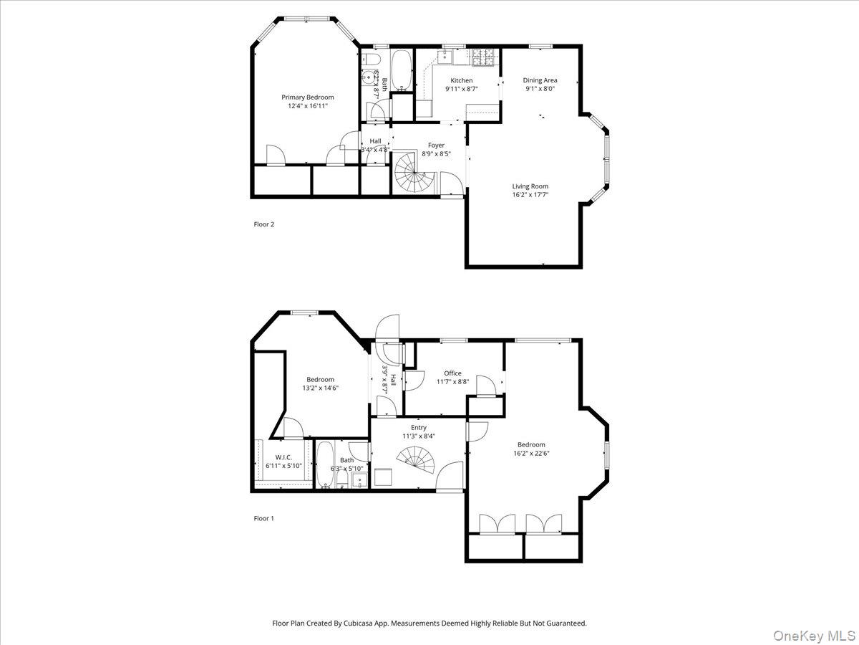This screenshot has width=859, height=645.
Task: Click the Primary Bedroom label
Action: click(307, 97)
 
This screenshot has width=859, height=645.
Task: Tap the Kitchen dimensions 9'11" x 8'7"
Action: click(461, 89)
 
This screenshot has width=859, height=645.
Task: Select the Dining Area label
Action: click(540, 80)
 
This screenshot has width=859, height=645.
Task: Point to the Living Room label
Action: click(530, 186)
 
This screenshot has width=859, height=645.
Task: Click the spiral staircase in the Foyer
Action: click(412, 174)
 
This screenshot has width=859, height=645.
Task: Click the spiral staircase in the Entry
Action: click(417, 462)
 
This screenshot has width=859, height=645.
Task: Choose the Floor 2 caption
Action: click(264, 224)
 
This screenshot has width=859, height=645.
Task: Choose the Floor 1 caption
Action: click(264, 518)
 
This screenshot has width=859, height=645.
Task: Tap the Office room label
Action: click(452, 373)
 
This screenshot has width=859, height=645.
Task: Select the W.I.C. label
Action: click(283, 457)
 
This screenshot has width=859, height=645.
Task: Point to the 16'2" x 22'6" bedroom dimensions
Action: click(530, 453)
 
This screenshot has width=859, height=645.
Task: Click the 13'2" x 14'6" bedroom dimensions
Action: click(320, 388)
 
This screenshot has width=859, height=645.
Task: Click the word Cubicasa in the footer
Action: click(358, 623)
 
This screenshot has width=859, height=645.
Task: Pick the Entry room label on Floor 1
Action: click(418, 428)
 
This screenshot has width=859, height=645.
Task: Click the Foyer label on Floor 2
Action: click(436, 145)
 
